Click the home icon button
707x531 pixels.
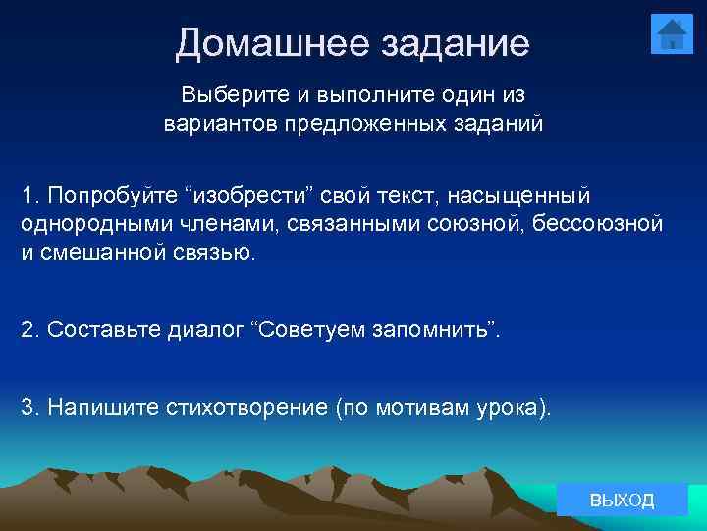tap(672, 34)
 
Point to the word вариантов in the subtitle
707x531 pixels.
tap(219, 125)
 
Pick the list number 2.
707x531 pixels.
tap(27, 328)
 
